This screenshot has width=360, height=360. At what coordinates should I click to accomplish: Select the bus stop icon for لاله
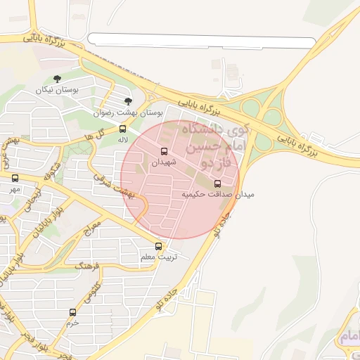coord(122,129)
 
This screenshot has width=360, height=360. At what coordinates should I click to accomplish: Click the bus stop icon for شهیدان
coord(165,151)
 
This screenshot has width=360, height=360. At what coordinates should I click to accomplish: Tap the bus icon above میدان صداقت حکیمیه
coord(217,184)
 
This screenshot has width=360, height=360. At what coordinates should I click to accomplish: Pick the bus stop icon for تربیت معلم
coord(158,246)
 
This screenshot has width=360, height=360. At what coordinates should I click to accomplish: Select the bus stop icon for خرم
coord(72,311)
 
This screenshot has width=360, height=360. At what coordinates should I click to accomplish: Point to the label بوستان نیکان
coord(58,90)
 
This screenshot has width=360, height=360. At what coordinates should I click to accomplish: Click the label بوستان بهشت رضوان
coord(129,112)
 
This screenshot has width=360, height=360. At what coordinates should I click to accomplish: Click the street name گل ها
coord(94,134)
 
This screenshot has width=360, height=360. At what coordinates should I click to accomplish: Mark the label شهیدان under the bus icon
coord(165,162)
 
